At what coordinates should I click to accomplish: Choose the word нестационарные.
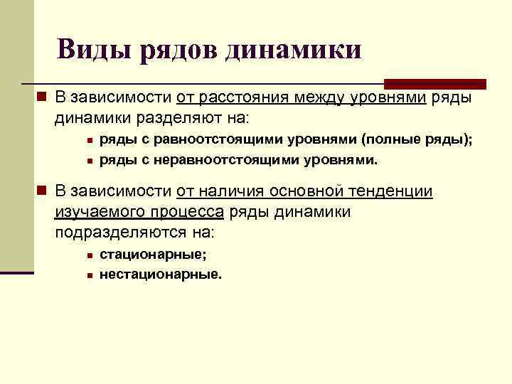pyautogui.click(x=161, y=274)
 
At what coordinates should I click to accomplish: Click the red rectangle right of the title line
pyautogui.click(x=434, y=84)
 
